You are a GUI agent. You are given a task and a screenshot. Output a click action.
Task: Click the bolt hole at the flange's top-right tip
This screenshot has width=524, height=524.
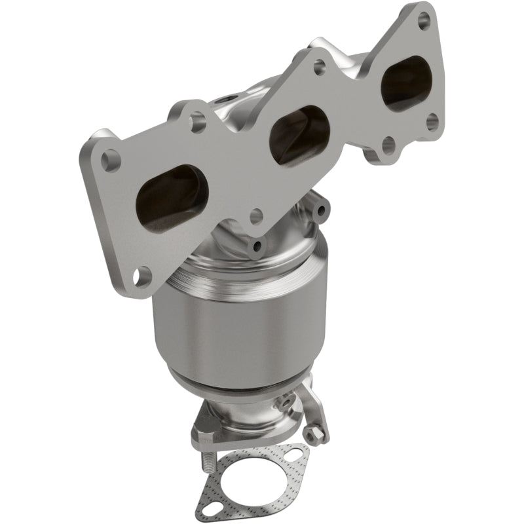(x=424, y=17)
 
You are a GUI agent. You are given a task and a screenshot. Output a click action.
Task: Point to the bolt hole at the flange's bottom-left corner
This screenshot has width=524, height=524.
(x=140, y=277)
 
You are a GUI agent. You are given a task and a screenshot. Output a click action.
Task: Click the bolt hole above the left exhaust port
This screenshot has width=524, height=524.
(x=197, y=121)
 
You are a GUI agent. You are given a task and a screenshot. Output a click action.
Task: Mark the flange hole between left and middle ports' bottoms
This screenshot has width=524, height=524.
(x=255, y=215)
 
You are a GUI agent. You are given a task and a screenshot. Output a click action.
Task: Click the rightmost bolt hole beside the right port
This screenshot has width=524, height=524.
(x=432, y=121)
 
